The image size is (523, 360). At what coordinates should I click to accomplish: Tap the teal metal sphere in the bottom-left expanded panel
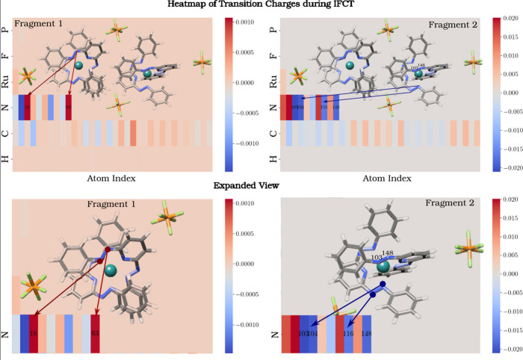pyautogui.click(x=111, y=270)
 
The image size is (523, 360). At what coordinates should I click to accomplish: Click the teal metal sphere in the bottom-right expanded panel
pyautogui.click(x=383, y=267)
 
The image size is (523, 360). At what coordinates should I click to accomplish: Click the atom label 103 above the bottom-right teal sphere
pyautogui.click(x=376, y=257)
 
